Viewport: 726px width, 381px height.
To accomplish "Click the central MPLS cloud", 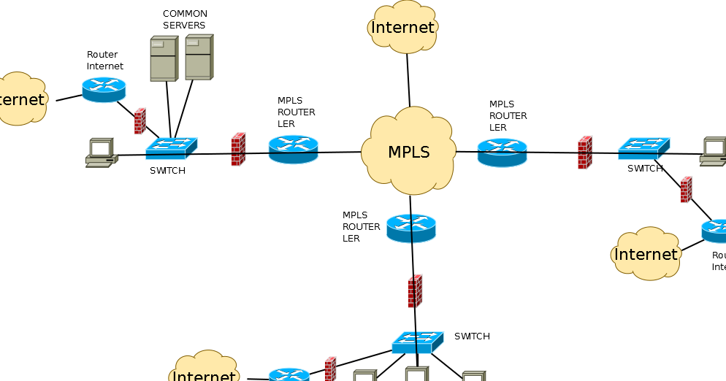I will tap(408, 152).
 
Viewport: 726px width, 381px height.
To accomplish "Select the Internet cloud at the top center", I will tap(402, 28).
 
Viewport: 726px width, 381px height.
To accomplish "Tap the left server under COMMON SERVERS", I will tap(164, 59).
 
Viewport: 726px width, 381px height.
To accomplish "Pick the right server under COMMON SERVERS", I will tap(198, 57).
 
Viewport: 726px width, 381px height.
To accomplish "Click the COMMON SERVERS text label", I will tap(185, 20).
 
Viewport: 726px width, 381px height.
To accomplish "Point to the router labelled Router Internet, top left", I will tap(104, 89).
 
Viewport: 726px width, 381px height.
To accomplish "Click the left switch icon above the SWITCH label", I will tap(171, 148).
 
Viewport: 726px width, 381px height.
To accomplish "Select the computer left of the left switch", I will tap(101, 153).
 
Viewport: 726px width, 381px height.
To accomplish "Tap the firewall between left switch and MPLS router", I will tap(238, 149).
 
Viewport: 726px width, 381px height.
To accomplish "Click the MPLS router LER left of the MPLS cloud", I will tap(293, 149).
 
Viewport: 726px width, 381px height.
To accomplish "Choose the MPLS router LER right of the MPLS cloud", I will tap(502, 152).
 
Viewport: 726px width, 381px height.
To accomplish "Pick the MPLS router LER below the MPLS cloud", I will tap(411, 228).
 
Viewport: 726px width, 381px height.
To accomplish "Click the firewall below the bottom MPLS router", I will tap(415, 290).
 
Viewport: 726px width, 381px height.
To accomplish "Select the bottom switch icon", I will tap(417, 342).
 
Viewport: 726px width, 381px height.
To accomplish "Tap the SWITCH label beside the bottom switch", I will tap(472, 336).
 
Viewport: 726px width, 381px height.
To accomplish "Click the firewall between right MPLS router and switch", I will tap(584, 153).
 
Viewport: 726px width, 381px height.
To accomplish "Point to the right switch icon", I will tap(643, 149).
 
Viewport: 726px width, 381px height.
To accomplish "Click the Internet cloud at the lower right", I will tap(646, 254).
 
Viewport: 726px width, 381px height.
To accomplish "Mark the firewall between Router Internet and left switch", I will tap(140, 121).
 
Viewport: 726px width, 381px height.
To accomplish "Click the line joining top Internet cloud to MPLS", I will tap(408, 80).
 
